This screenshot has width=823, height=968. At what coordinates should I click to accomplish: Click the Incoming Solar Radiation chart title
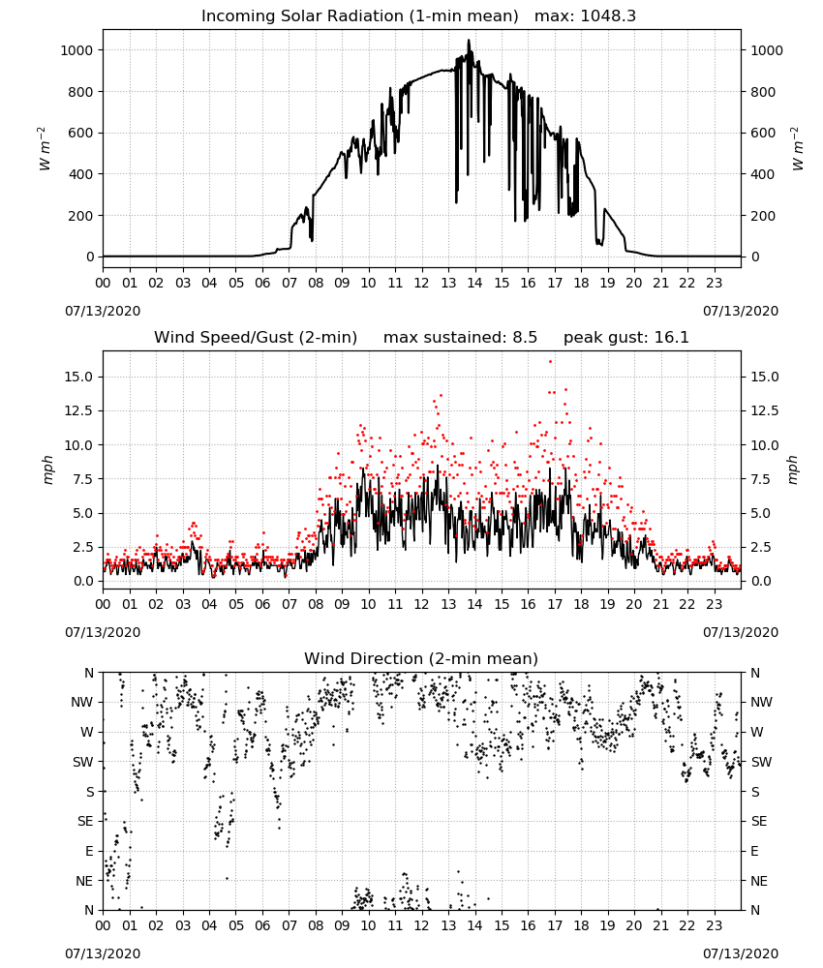[360, 16]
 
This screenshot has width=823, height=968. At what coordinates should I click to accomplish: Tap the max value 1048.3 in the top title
[608, 16]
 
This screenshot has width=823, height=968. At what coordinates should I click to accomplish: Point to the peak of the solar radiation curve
[469, 41]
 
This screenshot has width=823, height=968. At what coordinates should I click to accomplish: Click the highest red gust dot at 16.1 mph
[550, 362]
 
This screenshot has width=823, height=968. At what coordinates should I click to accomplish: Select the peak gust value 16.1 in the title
[671, 338]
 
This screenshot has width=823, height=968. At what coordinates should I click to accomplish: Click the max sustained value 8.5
[525, 338]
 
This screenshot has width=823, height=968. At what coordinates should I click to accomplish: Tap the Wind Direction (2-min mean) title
[421, 658]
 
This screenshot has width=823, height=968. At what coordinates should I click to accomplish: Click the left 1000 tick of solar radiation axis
[77, 50]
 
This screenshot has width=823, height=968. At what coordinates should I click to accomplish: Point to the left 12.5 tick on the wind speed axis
[79, 411]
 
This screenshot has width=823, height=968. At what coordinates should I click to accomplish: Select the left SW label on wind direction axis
[83, 762]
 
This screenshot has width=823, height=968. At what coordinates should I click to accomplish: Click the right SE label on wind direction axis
[759, 821]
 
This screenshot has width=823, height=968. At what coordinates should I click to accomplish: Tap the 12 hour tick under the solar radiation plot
[421, 284]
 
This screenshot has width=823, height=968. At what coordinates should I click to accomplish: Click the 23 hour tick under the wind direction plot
[714, 925]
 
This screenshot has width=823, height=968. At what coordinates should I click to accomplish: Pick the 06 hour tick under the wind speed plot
[262, 604]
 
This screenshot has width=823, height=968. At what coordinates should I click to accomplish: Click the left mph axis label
[47, 469]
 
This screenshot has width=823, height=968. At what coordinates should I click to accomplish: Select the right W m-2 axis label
[797, 149]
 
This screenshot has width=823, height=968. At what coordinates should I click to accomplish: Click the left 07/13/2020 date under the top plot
[103, 311]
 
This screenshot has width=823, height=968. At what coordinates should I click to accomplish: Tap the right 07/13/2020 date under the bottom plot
[741, 953]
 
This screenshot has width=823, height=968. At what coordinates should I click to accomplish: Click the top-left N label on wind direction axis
[89, 673]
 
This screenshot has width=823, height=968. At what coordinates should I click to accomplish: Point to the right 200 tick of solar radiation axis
[763, 216]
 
